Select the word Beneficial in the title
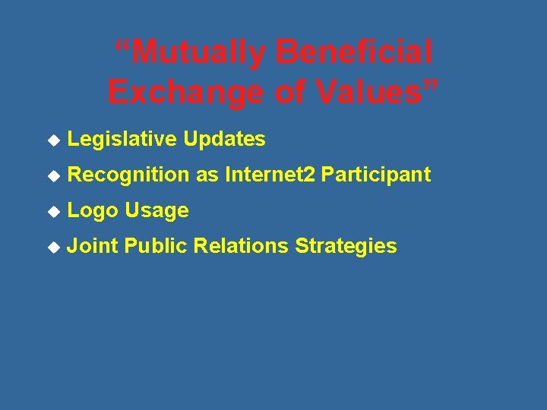click(354, 53)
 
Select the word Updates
click(224, 139)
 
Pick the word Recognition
click(128, 175)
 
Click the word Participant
click(376, 175)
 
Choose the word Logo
click(93, 211)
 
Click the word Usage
click(157, 211)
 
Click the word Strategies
click(346, 246)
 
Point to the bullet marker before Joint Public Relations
click(52, 247)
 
